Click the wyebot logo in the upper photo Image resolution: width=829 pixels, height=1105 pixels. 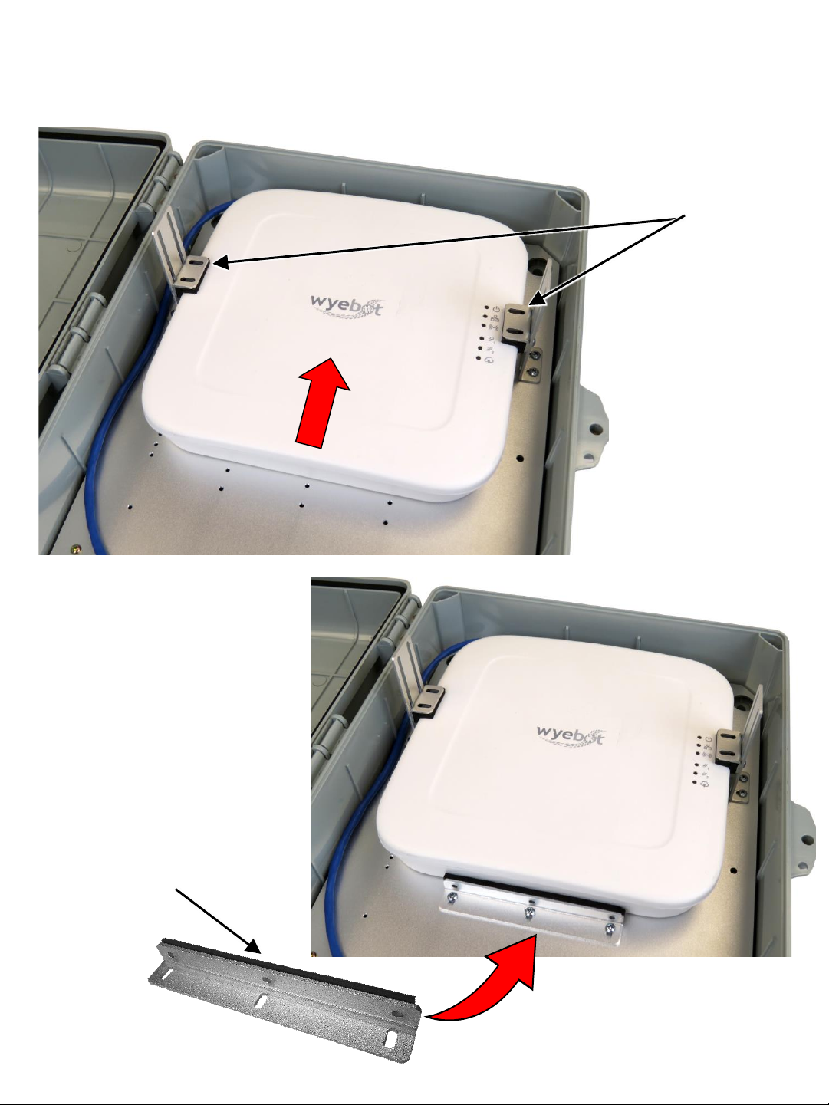(347, 306)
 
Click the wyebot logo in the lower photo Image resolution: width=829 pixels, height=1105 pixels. (571, 735)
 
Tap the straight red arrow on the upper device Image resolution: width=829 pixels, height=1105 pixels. (321, 401)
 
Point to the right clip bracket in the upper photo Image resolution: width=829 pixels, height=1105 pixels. (521, 324)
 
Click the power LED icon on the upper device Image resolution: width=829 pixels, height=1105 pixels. (496, 308)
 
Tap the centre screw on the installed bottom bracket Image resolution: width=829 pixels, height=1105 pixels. (529, 912)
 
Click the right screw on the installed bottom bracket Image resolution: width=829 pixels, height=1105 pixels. (610, 927)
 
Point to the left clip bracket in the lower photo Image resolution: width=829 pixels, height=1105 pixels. (427, 700)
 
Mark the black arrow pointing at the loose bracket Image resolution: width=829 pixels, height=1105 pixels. (218, 921)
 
